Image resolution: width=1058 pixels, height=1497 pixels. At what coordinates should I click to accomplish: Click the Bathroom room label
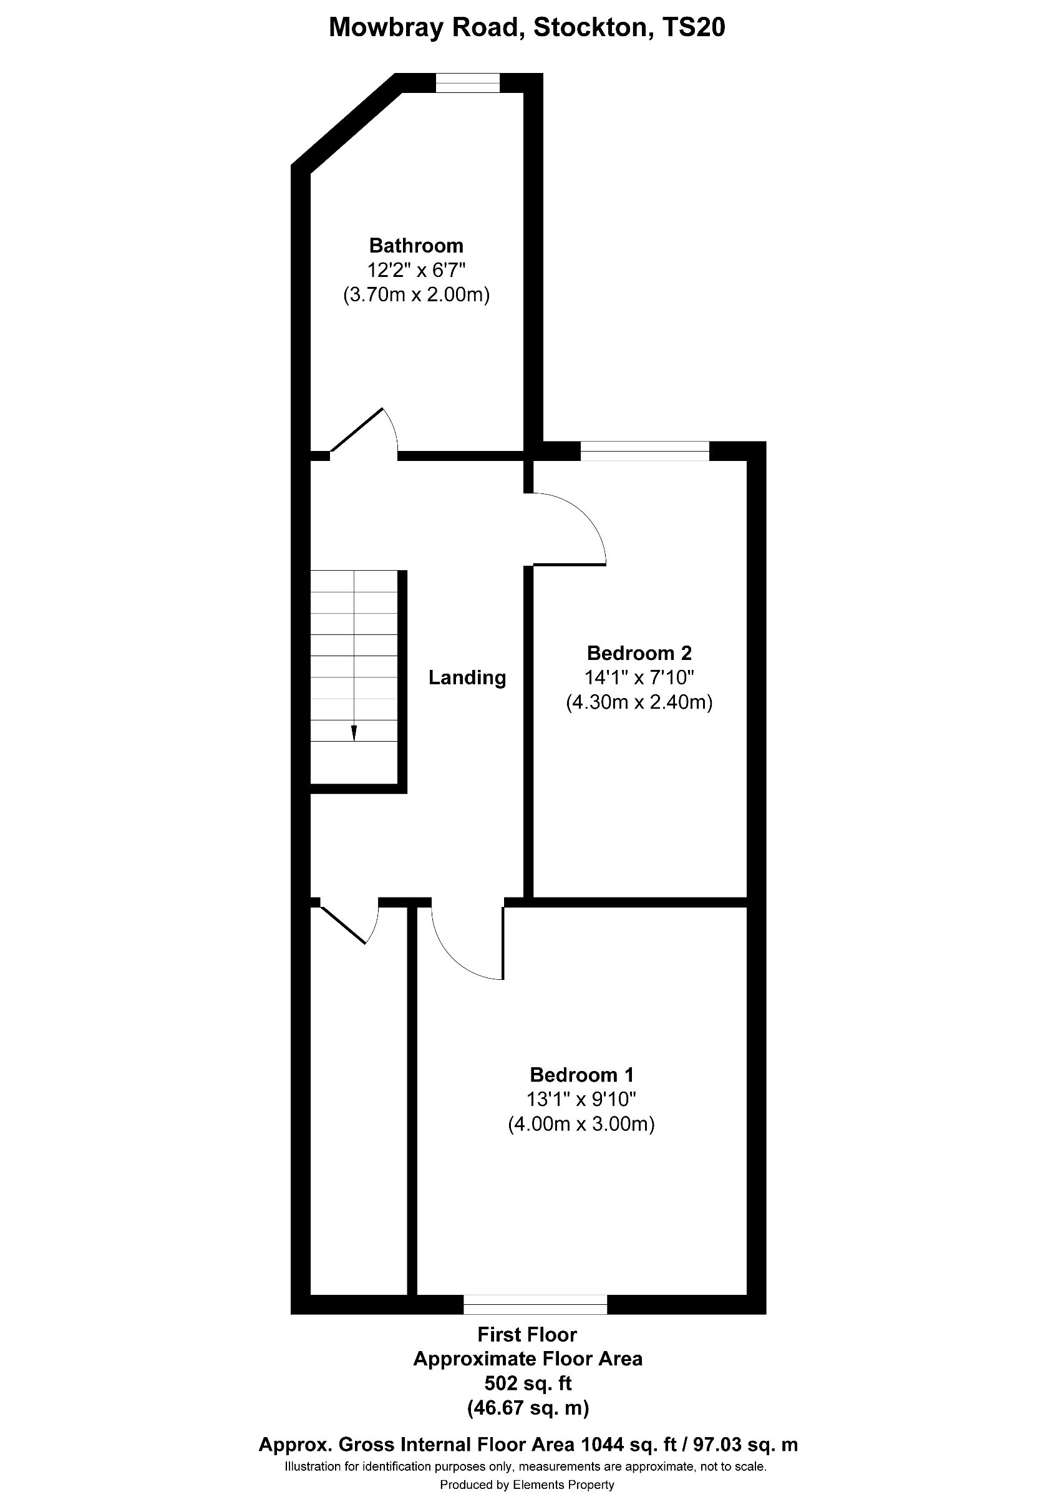coord(416,246)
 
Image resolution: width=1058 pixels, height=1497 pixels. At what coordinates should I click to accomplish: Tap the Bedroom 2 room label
coord(639,652)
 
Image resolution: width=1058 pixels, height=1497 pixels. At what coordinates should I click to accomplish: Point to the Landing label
coord(467,678)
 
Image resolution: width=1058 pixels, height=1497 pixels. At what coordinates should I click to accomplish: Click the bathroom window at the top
coord(467,83)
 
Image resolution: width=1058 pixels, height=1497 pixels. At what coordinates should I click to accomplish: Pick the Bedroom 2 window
coord(644,451)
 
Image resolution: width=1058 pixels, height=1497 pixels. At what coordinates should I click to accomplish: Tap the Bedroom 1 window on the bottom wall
coord(535,1304)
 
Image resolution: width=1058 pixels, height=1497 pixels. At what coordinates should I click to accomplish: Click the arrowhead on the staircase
coord(354,734)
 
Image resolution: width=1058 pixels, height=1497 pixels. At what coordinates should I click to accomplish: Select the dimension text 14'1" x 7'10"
coord(639,677)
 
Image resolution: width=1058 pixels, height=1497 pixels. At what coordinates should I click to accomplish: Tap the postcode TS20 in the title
coord(693,28)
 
